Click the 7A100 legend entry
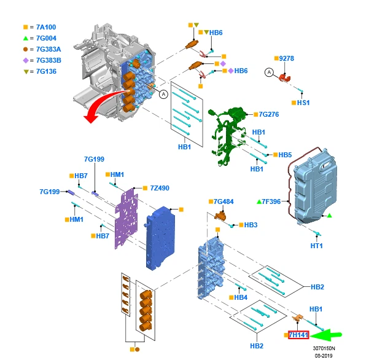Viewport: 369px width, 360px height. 46,28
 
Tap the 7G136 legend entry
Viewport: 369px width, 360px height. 46,72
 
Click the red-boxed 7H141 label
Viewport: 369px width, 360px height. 298,335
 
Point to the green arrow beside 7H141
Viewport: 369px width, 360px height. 329,335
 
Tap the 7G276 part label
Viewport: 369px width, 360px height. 269,114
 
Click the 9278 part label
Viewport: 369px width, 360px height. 287,58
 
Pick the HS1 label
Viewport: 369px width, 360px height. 303,103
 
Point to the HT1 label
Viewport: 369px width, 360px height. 316,246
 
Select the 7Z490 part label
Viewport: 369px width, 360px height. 159,188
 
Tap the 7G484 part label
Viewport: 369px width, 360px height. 223,202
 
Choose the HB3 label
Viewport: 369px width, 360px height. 251,225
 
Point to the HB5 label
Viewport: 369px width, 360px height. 285,155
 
